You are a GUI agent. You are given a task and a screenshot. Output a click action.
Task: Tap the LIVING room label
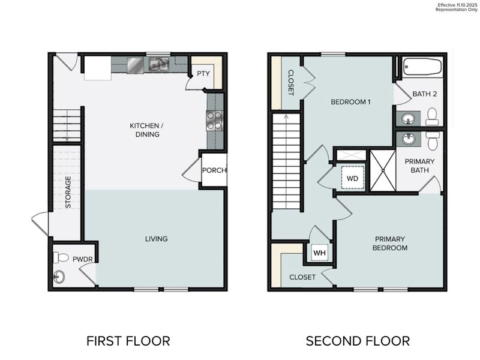(156, 239)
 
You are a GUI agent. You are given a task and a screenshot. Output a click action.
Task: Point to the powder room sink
(59, 277)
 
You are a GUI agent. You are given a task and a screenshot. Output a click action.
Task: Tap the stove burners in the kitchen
(214, 121)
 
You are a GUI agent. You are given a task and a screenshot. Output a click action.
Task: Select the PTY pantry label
(202, 74)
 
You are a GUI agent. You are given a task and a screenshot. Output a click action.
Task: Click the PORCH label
(214, 170)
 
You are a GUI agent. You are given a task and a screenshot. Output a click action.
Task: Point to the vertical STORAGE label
(68, 191)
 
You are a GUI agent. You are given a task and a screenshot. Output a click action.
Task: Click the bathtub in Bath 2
(422, 66)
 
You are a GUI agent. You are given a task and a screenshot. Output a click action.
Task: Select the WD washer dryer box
(352, 178)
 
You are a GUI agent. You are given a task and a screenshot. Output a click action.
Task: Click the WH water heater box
(319, 253)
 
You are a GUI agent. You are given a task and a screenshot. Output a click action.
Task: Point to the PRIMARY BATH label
(420, 166)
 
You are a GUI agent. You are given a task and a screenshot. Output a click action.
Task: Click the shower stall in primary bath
(382, 170)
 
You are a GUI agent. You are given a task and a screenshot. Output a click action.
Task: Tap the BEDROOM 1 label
(350, 102)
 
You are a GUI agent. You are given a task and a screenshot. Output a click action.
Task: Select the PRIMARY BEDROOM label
(390, 243)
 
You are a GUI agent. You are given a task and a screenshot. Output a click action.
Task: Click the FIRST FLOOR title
(128, 341)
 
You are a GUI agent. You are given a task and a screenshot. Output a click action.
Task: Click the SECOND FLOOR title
(358, 341)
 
